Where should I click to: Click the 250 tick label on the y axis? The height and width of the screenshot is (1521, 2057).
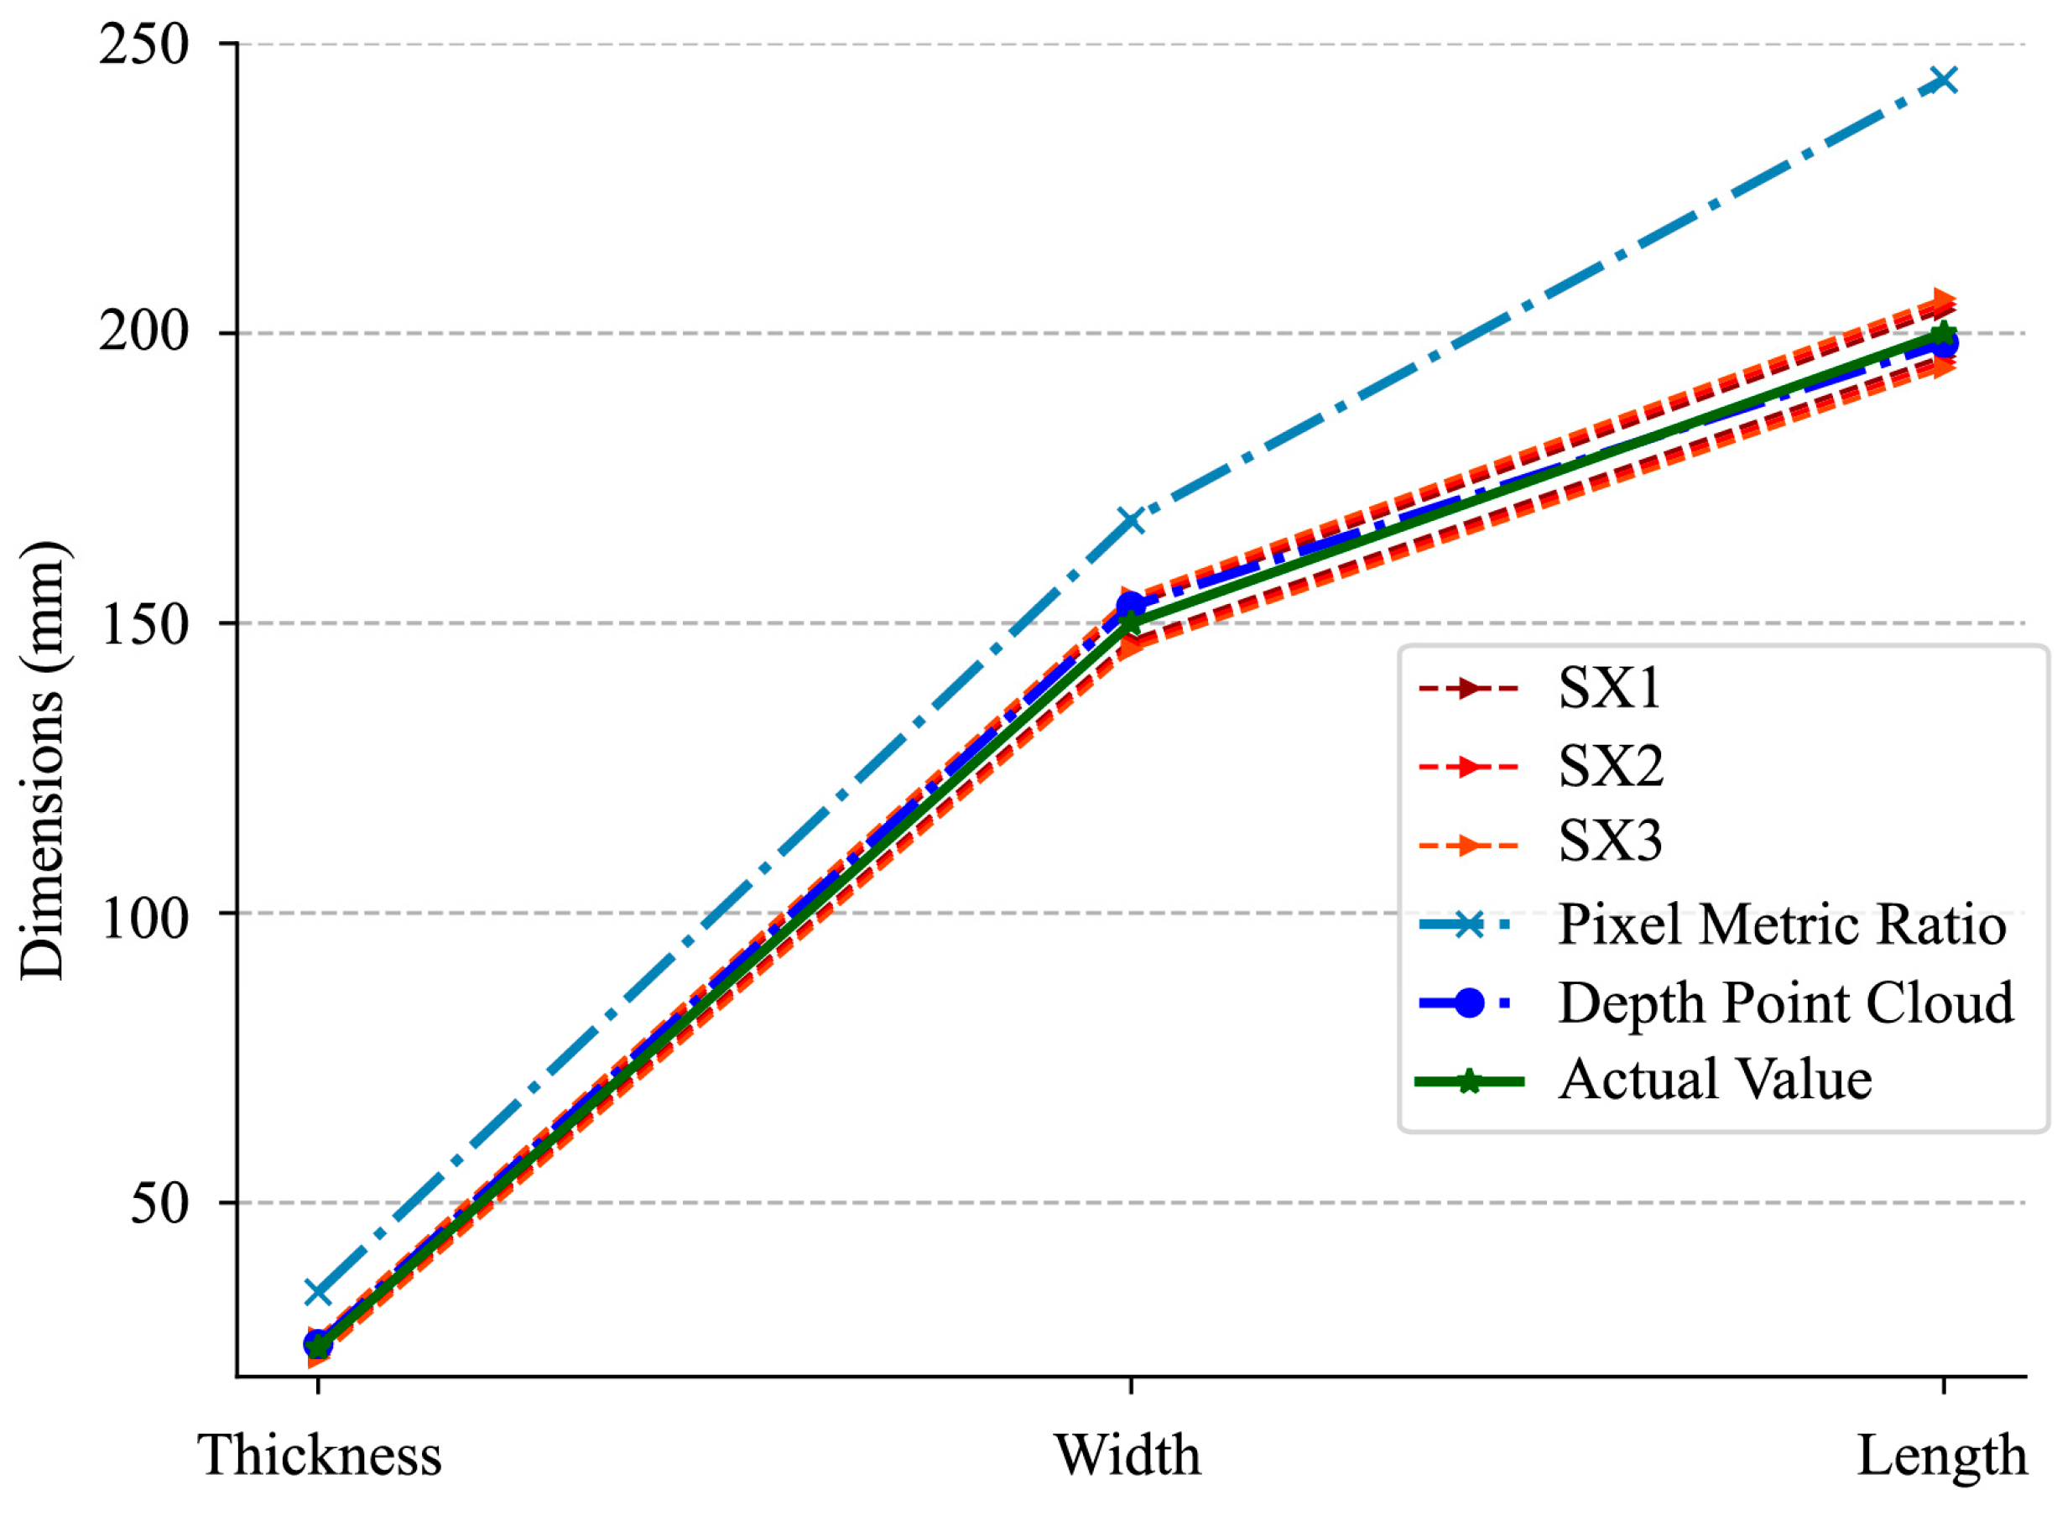tap(143, 45)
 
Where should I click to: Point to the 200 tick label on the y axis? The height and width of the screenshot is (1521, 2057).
tap(143, 332)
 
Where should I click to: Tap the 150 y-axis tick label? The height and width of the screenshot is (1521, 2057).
tap(143, 623)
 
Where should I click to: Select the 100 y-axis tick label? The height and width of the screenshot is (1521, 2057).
tap(143, 914)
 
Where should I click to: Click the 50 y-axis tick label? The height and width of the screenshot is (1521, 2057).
tap(159, 1202)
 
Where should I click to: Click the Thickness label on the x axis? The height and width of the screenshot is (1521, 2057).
tap(320, 1456)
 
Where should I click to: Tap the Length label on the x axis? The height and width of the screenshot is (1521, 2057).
tap(1941, 1457)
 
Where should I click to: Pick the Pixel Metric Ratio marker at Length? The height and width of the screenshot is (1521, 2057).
tap(1943, 80)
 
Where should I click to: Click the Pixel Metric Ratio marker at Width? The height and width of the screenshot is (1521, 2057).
tap(1130, 520)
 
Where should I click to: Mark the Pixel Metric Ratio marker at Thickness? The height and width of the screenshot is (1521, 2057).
tap(318, 1292)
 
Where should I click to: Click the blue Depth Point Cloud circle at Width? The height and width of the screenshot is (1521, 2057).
tap(1130, 606)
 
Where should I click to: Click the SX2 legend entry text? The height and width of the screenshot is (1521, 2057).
tap(1610, 765)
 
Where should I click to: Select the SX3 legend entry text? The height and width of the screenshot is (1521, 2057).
tap(1610, 841)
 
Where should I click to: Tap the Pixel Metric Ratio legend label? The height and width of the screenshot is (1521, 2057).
tap(1781, 925)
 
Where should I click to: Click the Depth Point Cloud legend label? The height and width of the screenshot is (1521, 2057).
tap(1784, 1003)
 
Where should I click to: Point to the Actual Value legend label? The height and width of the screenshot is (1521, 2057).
tap(1715, 1080)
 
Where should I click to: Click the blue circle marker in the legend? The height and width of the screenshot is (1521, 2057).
tap(1470, 1003)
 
